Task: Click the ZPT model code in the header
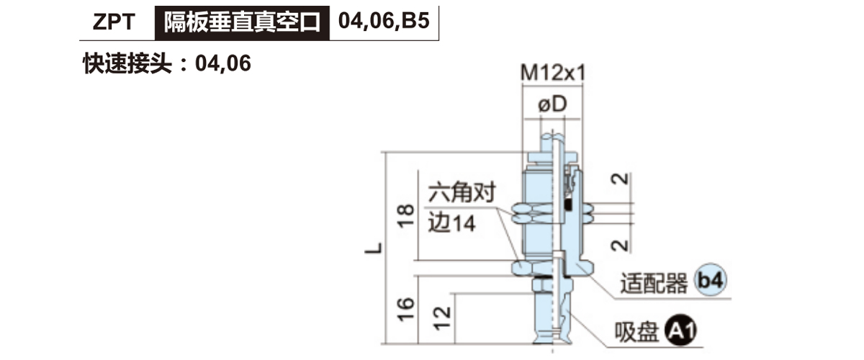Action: coord(114,22)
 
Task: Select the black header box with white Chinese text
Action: coord(242,23)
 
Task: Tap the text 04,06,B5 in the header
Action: coord(384,21)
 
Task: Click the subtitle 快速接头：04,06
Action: coord(167,63)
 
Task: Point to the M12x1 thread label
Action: coord(553,73)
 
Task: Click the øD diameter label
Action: coord(552,104)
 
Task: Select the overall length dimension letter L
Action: coord(374,248)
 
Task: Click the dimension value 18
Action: coord(405,216)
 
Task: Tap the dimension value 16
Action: coord(405,310)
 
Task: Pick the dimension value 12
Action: coord(442,318)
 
